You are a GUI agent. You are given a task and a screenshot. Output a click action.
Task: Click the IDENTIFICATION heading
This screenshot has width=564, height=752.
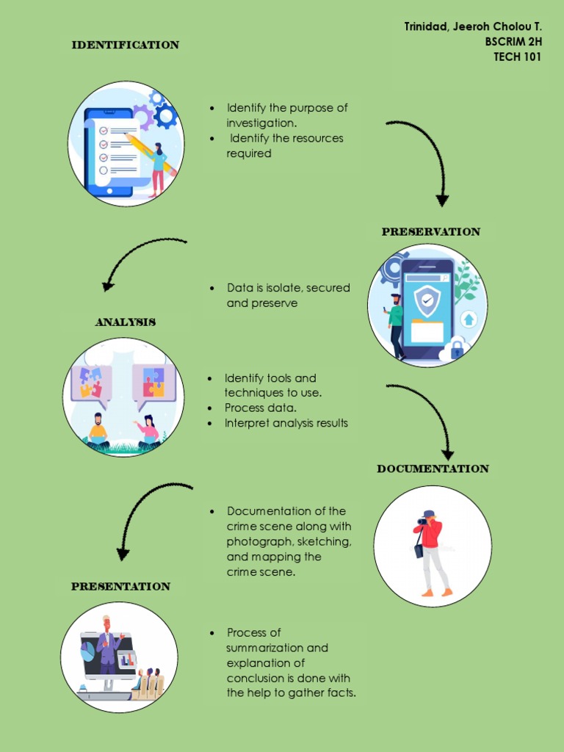click(125, 45)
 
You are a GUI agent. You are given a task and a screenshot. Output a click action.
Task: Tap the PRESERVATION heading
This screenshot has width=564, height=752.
click(430, 231)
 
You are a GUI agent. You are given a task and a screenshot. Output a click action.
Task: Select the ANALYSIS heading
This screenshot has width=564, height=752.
click(125, 322)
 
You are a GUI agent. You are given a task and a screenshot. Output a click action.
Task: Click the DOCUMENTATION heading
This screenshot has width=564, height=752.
click(433, 469)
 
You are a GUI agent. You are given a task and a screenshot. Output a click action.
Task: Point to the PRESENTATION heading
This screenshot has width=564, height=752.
click(120, 586)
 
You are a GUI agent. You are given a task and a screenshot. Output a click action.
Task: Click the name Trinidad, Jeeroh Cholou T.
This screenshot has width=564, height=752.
click(472, 26)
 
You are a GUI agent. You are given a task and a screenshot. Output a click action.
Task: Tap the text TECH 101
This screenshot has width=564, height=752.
click(517, 57)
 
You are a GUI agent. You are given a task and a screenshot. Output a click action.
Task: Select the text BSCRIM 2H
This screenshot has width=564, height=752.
click(513, 42)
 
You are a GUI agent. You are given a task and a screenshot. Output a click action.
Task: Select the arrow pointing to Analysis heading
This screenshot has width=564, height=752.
click(140, 257)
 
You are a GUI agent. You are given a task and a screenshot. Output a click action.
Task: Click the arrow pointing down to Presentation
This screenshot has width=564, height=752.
click(147, 510)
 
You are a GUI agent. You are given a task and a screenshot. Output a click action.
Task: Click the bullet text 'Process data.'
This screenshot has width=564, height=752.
click(261, 408)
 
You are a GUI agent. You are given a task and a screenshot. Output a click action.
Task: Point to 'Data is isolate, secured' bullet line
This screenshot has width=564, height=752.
click(288, 288)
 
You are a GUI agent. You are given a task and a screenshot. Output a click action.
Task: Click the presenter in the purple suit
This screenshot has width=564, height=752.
click(108, 646)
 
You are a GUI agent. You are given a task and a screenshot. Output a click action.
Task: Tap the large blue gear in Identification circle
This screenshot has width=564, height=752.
click(166, 115)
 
